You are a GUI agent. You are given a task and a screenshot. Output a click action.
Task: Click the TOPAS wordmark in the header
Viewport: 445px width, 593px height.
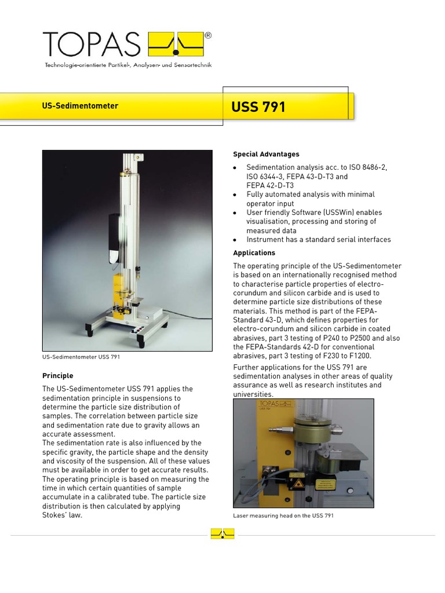tap(92, 45)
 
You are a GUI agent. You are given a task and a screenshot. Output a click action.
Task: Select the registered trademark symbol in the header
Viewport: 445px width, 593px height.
tap(208, 35)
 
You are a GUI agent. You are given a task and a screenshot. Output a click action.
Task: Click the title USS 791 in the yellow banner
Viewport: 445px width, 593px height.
tap(258, 107)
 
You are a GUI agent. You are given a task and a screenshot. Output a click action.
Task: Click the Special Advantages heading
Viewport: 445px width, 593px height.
tap(266, 154)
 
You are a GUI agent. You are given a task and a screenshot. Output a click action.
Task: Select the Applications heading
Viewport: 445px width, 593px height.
tap(254, 253)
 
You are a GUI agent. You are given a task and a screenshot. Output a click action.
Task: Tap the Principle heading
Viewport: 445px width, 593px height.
tap(58, 376)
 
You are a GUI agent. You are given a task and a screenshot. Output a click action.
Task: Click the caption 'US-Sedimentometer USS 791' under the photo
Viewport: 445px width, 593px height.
tap(81, 357)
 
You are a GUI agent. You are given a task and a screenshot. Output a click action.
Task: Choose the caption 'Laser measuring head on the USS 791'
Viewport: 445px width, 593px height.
tap(283, 515)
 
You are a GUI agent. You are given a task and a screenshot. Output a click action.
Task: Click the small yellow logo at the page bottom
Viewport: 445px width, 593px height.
tap(222, 533)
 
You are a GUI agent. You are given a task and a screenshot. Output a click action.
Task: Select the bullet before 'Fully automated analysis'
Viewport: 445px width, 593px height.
tap(235, 195)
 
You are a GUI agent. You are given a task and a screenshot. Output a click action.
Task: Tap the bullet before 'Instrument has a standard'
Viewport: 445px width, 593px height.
tap(235, 240)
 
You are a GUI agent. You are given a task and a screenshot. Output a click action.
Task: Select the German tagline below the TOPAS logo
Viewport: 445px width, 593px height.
tap(128, 65)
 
